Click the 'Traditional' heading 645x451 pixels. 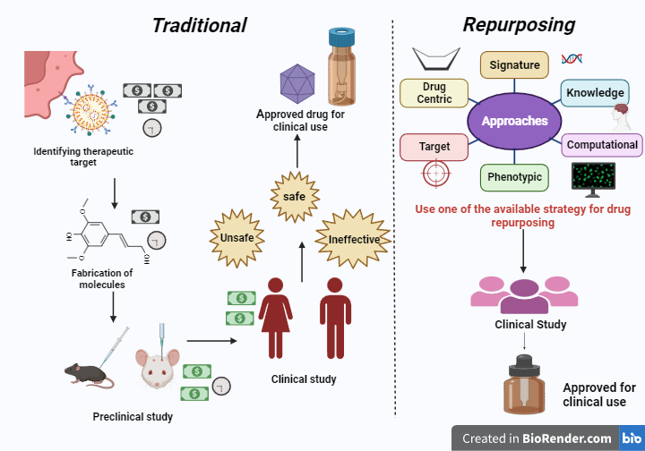click(199, 25)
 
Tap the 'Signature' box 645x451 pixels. click(514, 65)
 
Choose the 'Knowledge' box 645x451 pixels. click(595, 93)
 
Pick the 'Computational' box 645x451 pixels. click(602, 145)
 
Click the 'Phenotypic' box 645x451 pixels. click(514, 177)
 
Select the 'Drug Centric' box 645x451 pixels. click(434, 93)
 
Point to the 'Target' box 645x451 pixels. click(434, 145)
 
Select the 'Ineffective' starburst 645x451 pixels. click(354, 239)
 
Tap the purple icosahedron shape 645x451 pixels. click(297, 83)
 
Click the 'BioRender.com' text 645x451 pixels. click(568, 438)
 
